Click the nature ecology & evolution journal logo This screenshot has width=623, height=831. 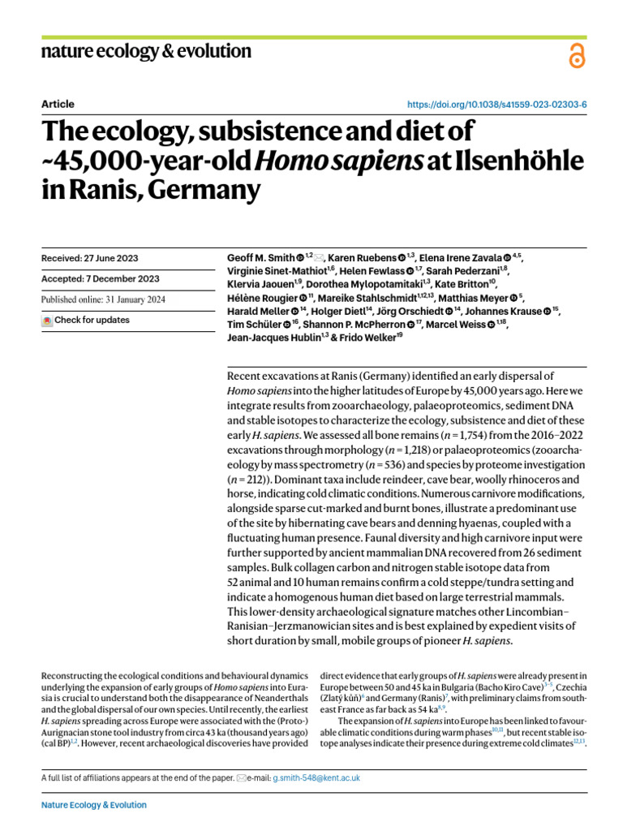146,52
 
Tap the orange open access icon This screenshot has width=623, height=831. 577,55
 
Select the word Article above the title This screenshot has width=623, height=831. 57,105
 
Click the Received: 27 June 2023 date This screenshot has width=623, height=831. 89,259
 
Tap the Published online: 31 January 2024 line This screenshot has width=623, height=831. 103,299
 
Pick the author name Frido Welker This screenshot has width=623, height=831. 367,337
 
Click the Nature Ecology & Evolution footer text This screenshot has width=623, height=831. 94,805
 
